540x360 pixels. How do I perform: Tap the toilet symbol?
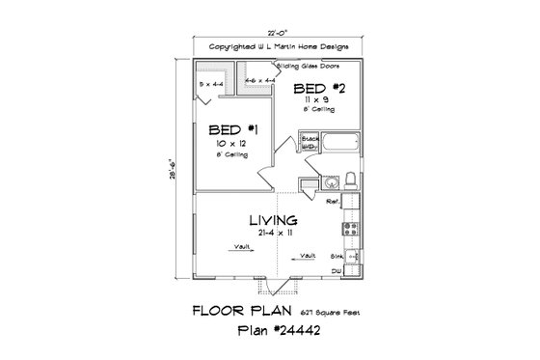pyautogui.click(x=352, y=180)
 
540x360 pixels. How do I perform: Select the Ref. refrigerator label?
pyautogui.click(x=331, y=203)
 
